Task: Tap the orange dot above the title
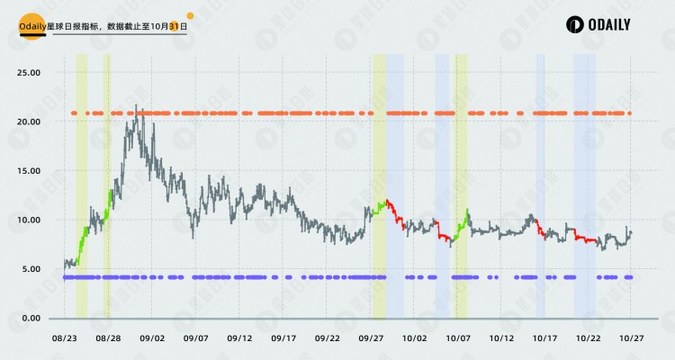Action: tap(190, 15)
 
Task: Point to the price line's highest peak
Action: tap(136, 106)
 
